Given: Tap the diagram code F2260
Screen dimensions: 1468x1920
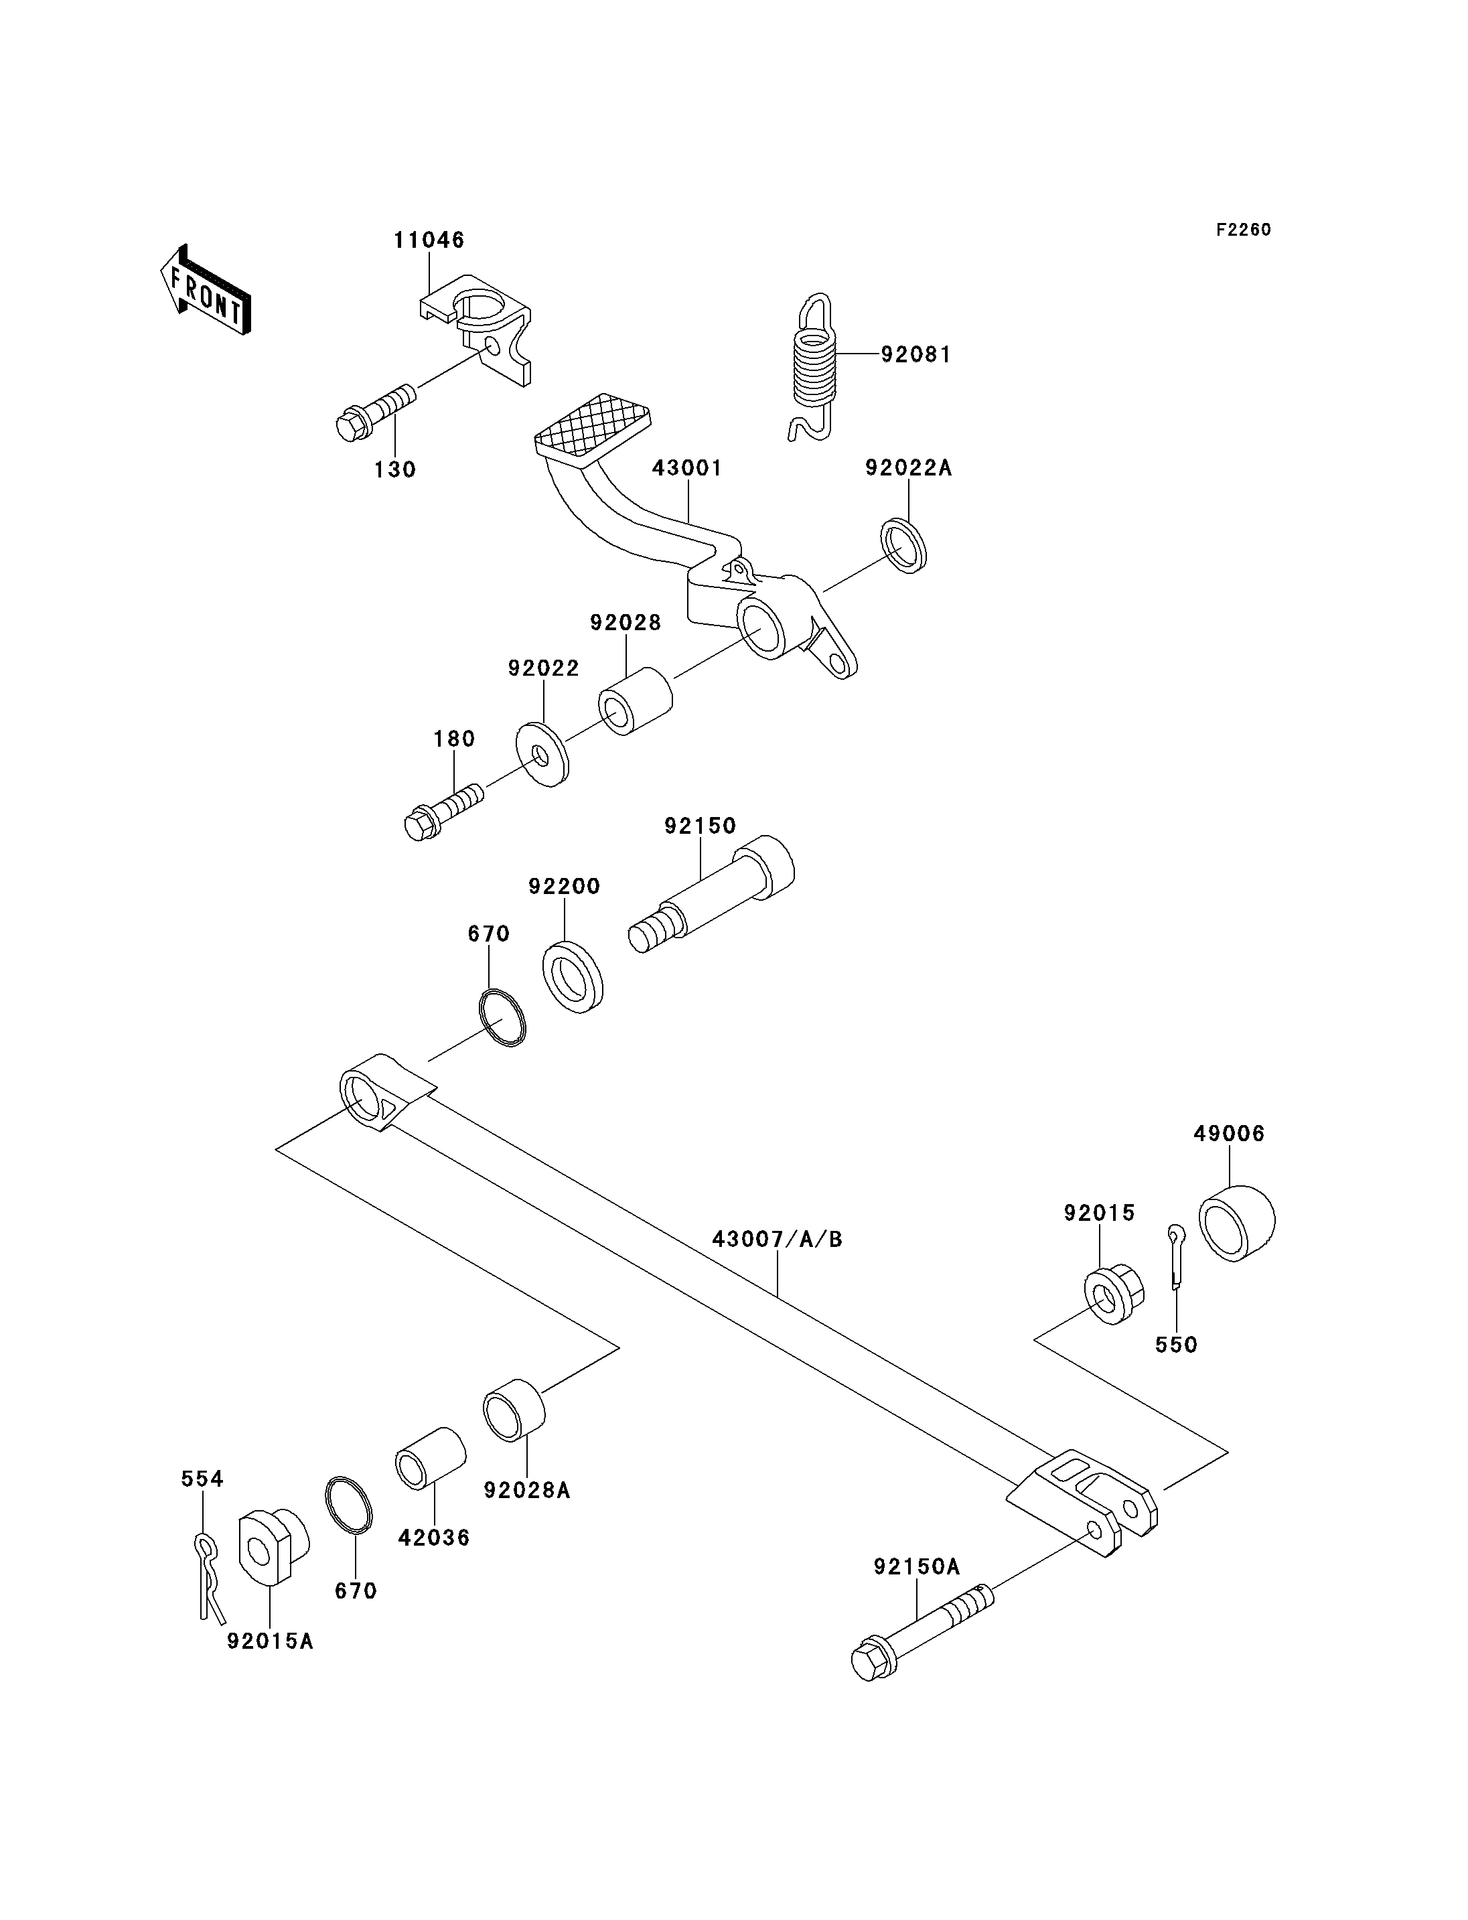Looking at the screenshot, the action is (x=1244, y=230).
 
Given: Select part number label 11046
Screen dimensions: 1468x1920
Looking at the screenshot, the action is (x=429, y=240).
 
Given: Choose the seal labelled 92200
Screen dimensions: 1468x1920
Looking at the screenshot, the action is (x=573, y=977).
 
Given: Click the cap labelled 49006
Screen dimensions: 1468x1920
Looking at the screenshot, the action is (x=1236, y=1223).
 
